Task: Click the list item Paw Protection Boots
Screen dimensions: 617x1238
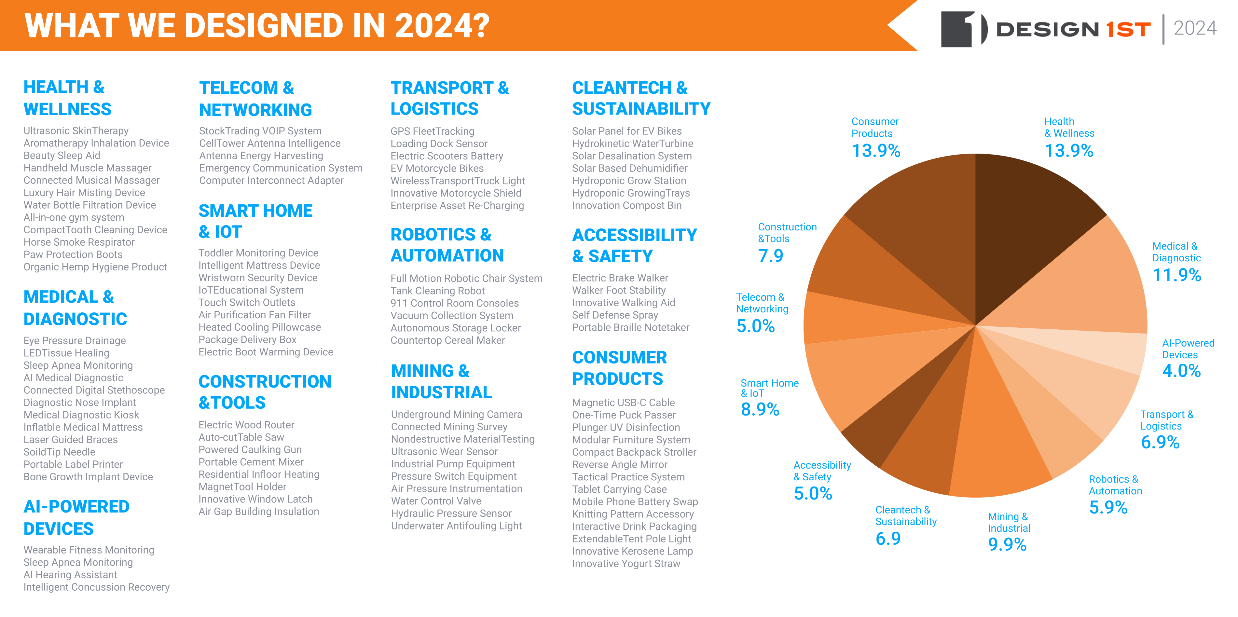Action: point(73,255)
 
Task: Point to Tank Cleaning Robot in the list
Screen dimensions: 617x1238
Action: point(437,291)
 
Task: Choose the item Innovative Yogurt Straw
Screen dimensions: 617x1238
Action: point(626,564)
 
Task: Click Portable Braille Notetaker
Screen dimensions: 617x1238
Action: point(630,327)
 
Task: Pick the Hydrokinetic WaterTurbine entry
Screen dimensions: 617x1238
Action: point(632,144)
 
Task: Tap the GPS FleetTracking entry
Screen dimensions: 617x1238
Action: point(432,131)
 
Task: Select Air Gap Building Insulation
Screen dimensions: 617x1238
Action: point(258,512)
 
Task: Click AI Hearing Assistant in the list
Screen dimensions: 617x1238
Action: point(70,575)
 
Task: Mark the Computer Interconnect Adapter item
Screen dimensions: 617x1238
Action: point(271,181)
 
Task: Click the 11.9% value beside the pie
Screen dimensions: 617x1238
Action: point(1176,275)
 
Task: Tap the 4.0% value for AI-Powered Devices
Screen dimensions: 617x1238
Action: point(1181,371)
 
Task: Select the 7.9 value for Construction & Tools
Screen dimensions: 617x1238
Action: point(770,256)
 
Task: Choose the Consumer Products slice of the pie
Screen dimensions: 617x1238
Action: point(928,221)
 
